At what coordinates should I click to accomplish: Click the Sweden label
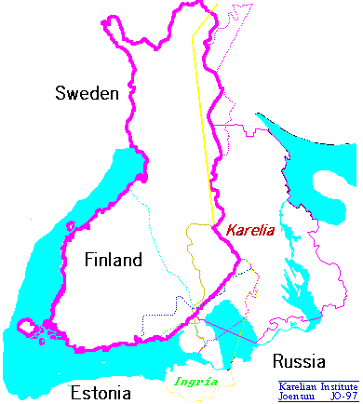tap(87, 93)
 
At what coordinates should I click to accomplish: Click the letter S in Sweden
tap(60, 93)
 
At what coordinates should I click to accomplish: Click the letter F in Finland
tap(87, 259)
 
